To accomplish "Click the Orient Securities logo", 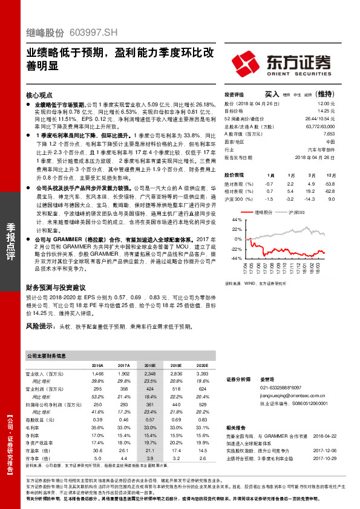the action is pyautogui.click(x=281, y=63).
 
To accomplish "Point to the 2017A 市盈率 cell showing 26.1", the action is pyautogui.click(x=123, y=450).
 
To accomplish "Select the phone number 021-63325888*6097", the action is pyautogui.click(x=280, y=387).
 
